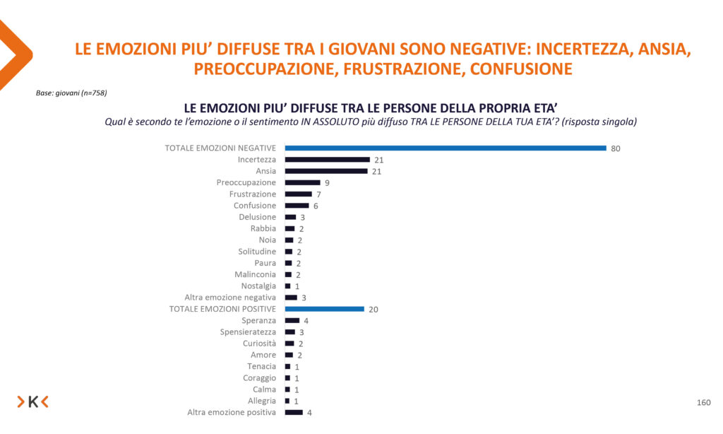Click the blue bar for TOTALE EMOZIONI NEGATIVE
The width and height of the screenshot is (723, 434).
445,148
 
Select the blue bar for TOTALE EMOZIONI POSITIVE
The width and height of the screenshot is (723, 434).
324,309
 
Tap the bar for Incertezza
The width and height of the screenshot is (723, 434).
327,160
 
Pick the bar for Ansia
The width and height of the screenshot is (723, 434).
325,171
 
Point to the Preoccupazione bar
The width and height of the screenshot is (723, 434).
302,182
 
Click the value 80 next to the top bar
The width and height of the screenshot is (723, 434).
616,148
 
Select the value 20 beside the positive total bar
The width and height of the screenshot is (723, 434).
374,310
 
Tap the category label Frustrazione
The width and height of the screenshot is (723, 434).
252,194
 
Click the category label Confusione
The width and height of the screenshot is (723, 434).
255,206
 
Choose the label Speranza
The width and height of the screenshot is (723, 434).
258,321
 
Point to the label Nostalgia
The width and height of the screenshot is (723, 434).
257,286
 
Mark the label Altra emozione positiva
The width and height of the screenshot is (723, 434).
231,413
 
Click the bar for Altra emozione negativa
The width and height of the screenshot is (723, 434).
291,298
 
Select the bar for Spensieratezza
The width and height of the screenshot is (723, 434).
290,332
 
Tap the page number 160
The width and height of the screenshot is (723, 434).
703,402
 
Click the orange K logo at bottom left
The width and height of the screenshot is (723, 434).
33,402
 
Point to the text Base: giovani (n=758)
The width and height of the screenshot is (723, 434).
71,93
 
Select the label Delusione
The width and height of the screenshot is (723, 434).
257,217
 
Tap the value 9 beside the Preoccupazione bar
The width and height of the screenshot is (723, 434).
327,183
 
